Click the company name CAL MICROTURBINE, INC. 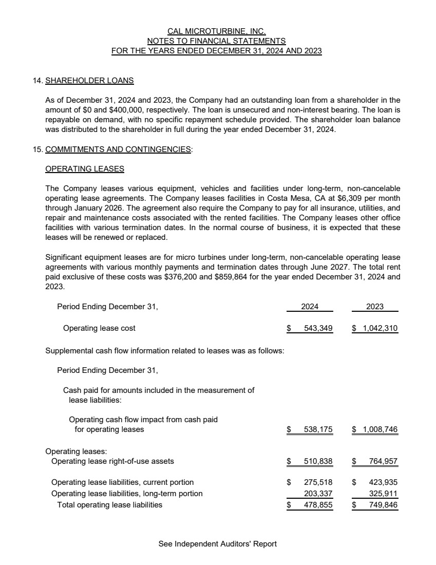[x=216, y=31]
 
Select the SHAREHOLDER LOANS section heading [x=89, y=81]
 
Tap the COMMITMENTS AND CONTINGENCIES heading [x=118, y=150]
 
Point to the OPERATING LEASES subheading [x=85, y=168]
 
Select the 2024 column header [x=310, y=306]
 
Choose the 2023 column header [x=375, y=306]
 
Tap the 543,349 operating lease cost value [x=318, y=328]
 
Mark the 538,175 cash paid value [x=318, y=429]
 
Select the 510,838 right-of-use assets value [x=318, y=461]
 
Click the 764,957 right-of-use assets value [x=383, y=461]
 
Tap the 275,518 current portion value [x=318, y=482]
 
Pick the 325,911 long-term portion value [x=383, y=494]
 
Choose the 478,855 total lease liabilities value [x=318, y=505]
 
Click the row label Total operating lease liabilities [x=109, y=505]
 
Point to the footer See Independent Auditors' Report [x=218, y=544]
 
